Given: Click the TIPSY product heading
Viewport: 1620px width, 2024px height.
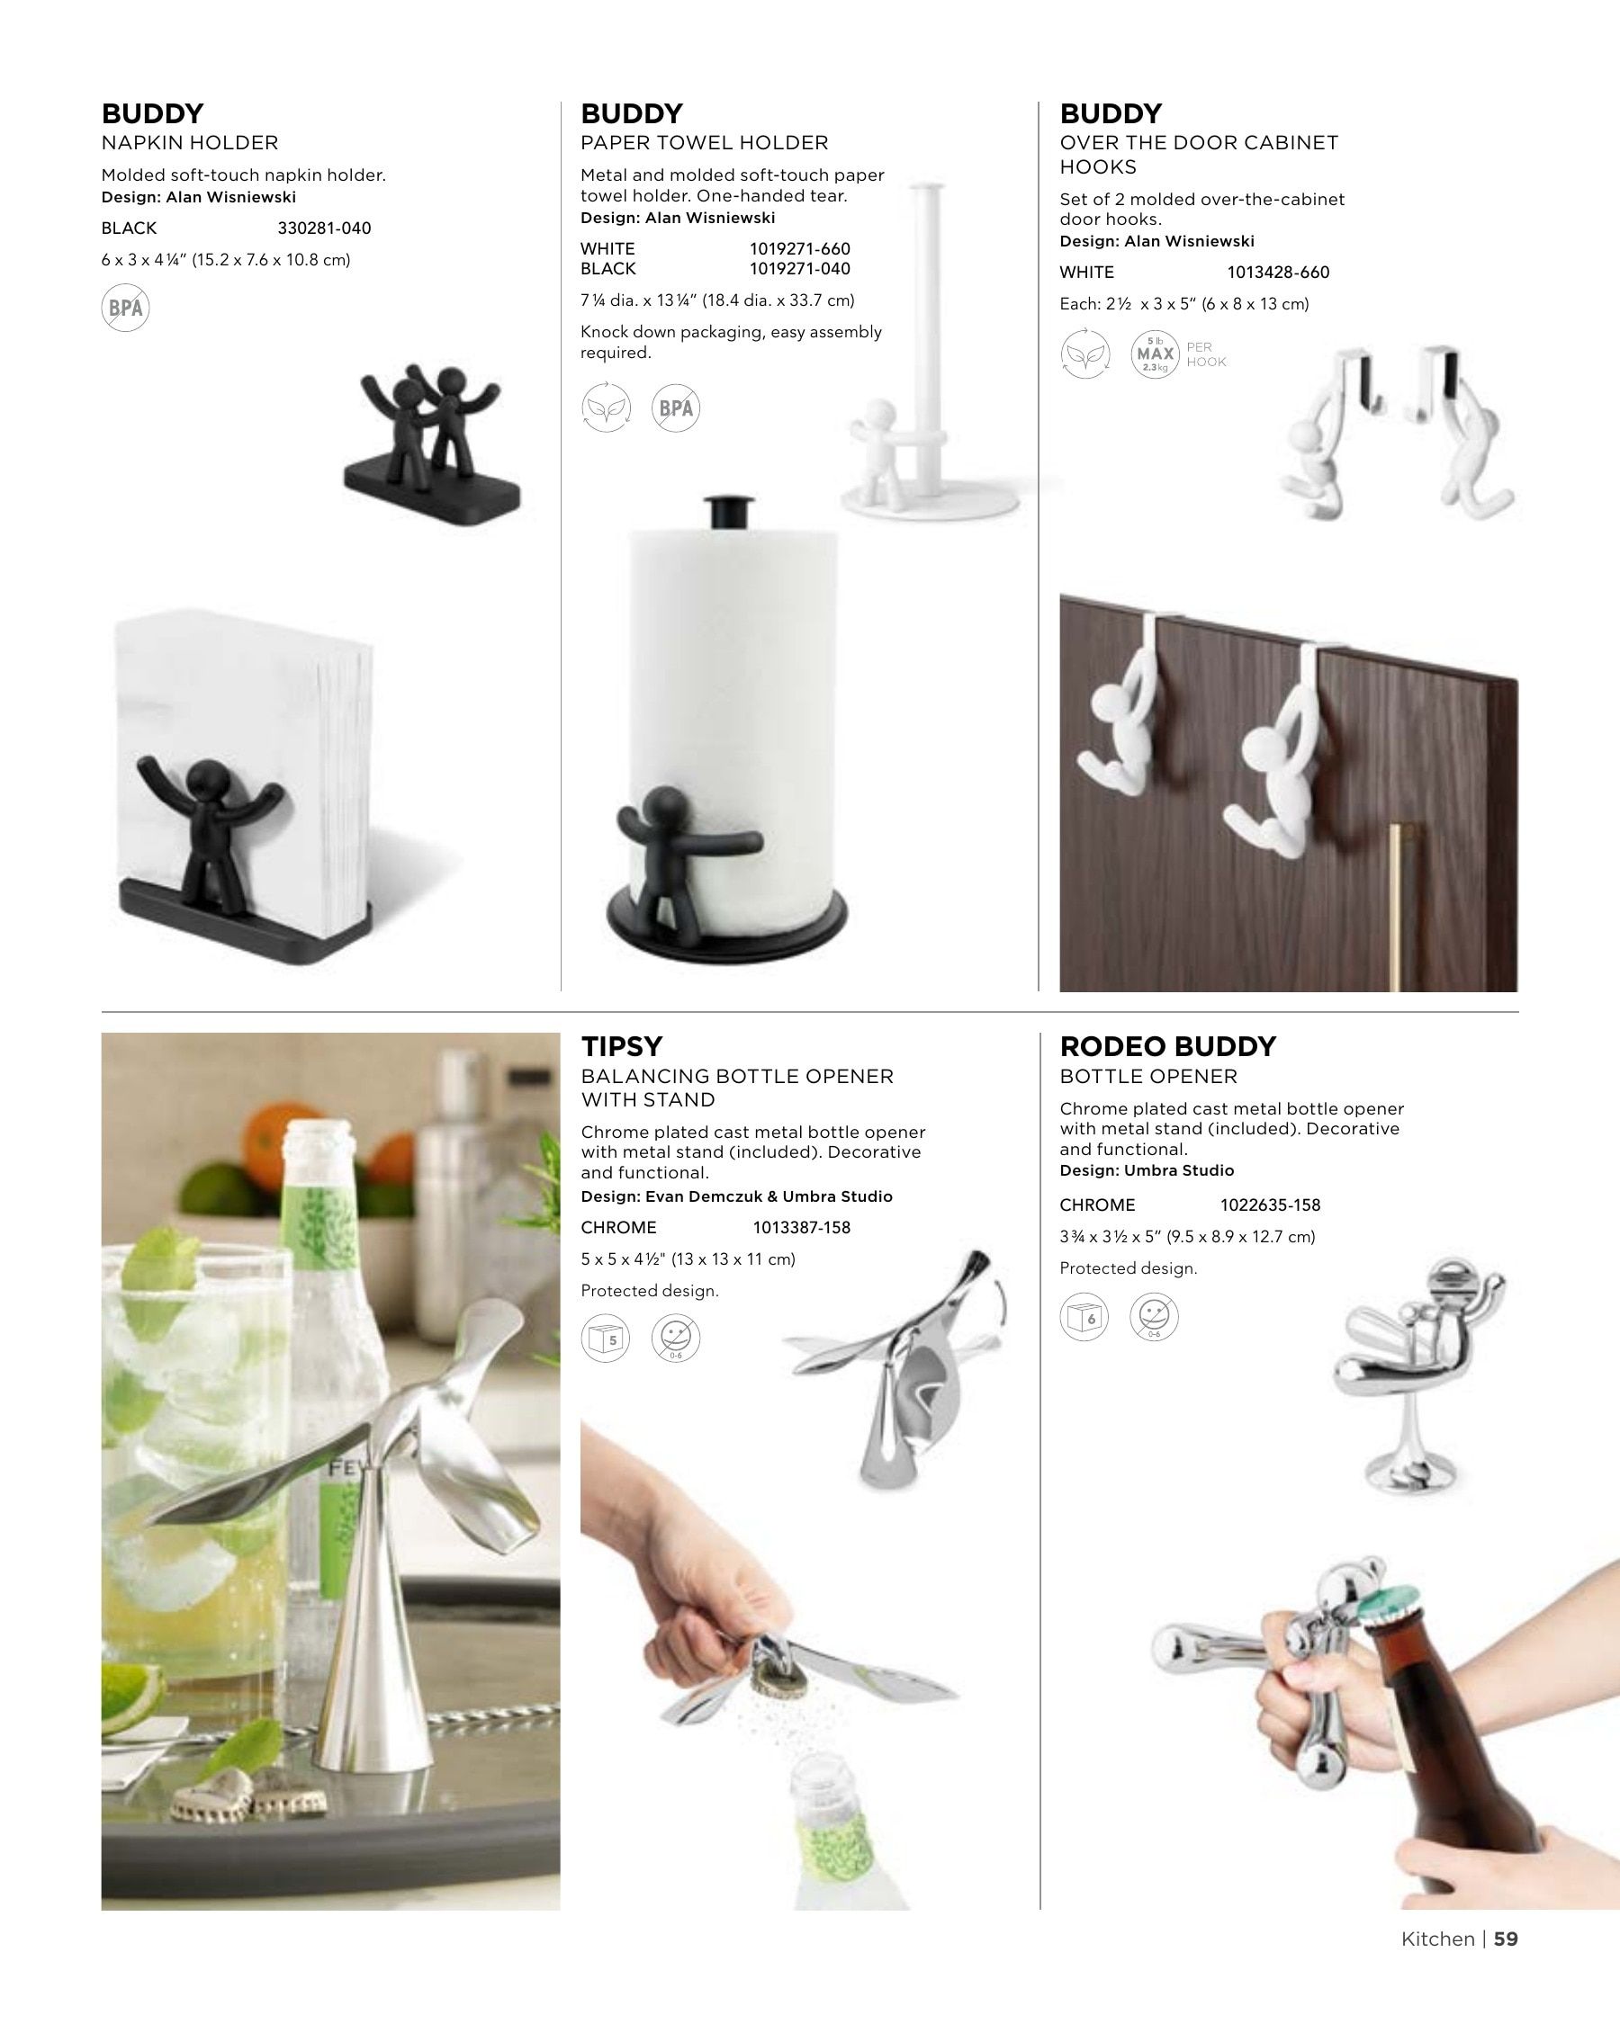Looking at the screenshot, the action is coord(622,1046).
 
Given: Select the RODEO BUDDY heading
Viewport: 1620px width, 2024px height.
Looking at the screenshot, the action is coord(1167,1046).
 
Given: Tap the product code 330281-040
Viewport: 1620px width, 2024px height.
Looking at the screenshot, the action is coord(324,228).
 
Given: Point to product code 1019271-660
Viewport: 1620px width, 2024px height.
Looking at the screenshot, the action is coord(799,249).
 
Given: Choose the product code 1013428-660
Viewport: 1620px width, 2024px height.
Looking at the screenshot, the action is coord(1278,273).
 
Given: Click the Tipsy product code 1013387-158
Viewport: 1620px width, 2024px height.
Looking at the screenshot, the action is coord(801,1227).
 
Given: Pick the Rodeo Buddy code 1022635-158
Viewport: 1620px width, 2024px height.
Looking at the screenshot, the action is coord(1270,1205).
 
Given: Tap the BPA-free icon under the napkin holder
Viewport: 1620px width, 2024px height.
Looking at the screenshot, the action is coord(126,308).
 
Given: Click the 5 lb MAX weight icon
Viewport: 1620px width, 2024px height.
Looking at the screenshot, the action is coord(1155,354).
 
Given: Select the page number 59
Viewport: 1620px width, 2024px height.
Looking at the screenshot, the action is coord(1506,1939).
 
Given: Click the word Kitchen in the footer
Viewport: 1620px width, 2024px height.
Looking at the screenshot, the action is coord(1437,1939).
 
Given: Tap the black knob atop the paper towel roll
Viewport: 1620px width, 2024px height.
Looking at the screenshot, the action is coord(729,512).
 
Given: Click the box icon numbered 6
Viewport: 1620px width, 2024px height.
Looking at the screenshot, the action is coord(1084,1316).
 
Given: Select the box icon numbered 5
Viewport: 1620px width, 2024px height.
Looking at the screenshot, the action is coord(606,1339).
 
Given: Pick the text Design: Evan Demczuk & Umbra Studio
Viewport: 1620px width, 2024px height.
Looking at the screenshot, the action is coord(736,1196).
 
